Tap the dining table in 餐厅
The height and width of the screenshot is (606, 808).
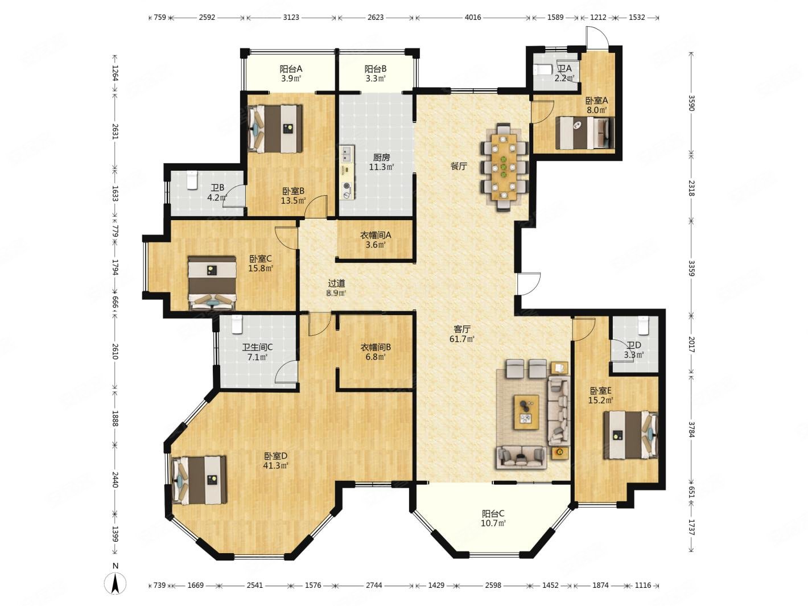(x=504, y=167)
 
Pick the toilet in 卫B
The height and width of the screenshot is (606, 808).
(x=191, y=180)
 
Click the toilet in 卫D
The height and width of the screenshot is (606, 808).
(x=644, y=325)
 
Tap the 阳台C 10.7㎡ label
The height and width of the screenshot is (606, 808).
(x=493, y=518)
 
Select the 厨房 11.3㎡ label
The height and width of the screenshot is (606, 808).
(x=381, y=162)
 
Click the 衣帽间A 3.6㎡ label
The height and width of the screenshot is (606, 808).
(x=376, y=240)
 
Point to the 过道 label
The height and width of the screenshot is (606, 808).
(x=336, y=288)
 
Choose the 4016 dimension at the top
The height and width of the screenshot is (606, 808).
(x=473, y=17)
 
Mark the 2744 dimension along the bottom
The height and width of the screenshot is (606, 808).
(x=374, y=585)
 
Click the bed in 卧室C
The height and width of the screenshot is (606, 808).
(x=212, y=283)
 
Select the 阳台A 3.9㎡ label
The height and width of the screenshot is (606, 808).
(x=291, y=73)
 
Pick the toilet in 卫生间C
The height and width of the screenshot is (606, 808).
(x=237, y=325)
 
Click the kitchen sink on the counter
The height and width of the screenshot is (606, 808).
(x=345, y=154)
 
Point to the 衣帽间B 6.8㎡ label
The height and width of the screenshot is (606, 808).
(x=376, y=352)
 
